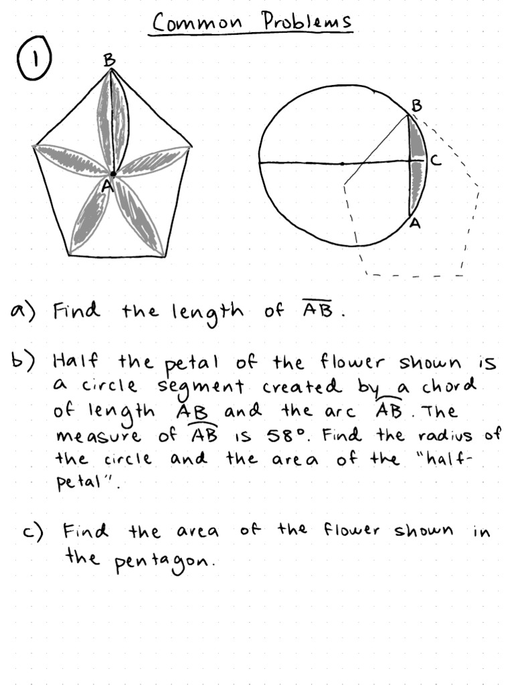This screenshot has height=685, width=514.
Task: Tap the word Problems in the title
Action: point(307,21)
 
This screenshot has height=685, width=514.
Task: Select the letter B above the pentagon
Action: point(109,60)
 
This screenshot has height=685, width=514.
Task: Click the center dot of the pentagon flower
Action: point(113,174)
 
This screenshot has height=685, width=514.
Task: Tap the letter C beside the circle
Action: point(435,161)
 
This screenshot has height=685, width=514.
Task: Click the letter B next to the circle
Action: point(416,105)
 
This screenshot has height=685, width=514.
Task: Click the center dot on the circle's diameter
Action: point(342,163)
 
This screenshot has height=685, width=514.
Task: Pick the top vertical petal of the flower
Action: point(112,120)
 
